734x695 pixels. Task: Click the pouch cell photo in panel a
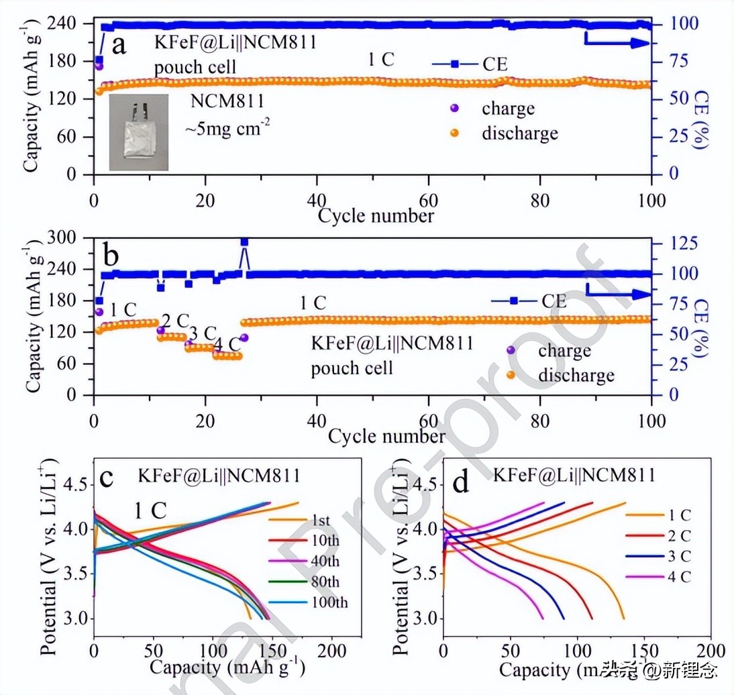coord(139,132)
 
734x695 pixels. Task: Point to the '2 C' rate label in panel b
coord(174,319)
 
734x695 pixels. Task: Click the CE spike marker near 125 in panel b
coord(244,242)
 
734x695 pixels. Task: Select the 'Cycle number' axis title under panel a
coord(376,215)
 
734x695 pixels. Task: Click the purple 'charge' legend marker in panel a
coord(454,107)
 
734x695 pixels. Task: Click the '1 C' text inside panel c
coord(150,511)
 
